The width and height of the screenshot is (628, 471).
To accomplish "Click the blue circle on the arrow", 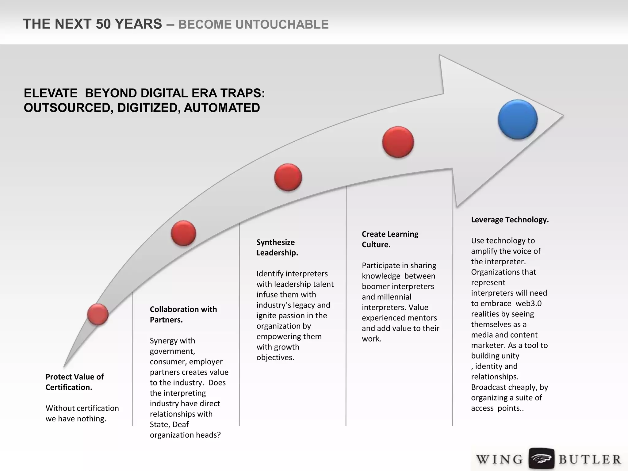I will click(518, 119).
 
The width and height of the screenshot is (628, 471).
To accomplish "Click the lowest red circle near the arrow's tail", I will click(98, 314).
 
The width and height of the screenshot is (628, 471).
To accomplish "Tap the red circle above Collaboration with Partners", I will click(183, 233).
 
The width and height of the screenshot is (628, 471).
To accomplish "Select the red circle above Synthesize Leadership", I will click(288, 177).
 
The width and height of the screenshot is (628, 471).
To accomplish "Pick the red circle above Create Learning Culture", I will click(398, 142).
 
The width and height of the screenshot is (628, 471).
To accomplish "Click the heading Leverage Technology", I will click(510, 220).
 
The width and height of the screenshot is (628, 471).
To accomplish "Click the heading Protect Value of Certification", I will click(75, 382).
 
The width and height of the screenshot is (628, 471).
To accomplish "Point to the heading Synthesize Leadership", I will click(277, 247).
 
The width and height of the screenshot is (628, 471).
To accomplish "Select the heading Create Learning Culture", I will click(390, 239).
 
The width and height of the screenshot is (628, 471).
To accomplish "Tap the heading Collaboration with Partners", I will click(183, 314).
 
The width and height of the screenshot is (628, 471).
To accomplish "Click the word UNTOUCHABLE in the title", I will click(253, 25).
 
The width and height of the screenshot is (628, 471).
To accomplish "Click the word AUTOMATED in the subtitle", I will click(222, 108).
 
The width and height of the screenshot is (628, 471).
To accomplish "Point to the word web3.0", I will click(528, 303).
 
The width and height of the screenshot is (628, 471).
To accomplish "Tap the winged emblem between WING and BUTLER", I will click(541, 459).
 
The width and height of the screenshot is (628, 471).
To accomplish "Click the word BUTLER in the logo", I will click(589, 459).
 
